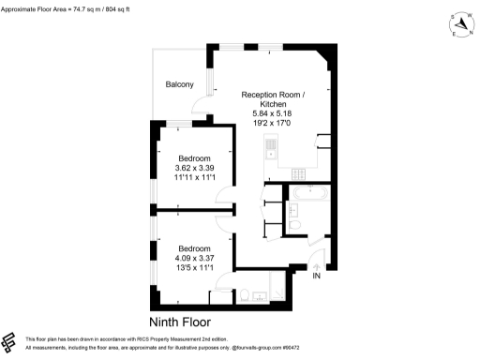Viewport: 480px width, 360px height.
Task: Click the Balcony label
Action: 179,85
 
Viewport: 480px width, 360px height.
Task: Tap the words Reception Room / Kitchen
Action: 273,99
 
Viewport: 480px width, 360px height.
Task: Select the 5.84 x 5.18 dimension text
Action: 273,113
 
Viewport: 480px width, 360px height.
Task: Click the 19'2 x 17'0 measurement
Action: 273,123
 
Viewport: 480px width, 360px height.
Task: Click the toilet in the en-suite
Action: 246,295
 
